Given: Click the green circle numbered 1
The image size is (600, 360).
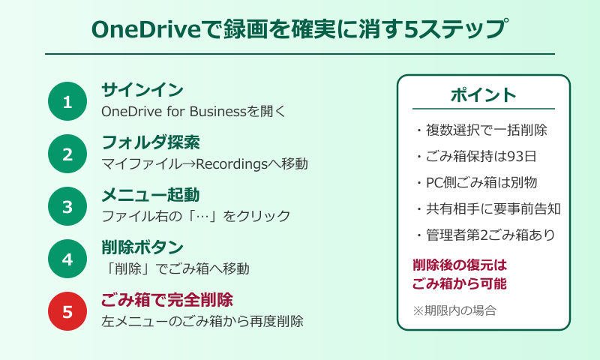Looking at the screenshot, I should pos(67,102).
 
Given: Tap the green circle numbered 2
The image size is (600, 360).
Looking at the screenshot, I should pos(67,154).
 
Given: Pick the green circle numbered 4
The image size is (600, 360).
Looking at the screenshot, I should pos(67,259).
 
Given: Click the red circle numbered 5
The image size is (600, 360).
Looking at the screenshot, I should pos(67,312).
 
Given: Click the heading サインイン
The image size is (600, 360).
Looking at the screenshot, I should pos(142,90).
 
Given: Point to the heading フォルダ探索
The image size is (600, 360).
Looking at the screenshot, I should pos(150,142).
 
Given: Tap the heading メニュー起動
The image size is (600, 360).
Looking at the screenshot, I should pos(150,195).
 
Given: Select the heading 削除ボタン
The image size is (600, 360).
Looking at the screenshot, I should pos(142,247).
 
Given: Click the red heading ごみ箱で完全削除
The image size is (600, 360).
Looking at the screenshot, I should pos(167,300).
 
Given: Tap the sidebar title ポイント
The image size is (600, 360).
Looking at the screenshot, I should pos(483,95).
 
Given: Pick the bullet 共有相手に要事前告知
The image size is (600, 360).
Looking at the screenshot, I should pos(487,208).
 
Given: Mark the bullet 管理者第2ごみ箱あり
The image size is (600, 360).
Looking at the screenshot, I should pos(487,235).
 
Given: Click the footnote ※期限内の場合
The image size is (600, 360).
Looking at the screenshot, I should pos(454,309).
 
